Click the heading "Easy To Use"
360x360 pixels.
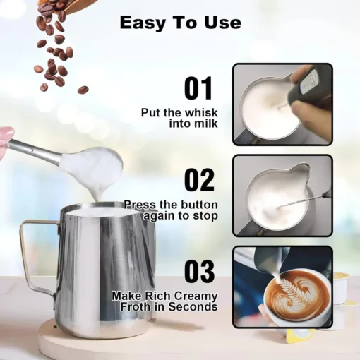point(180,22)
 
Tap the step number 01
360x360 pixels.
point(198,89)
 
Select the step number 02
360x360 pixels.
point(199,180)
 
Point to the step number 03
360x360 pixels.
point(199,272)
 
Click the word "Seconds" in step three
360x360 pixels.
point(196,307)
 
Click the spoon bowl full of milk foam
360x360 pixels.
point(91,165)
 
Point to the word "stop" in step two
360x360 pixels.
point(204,216)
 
